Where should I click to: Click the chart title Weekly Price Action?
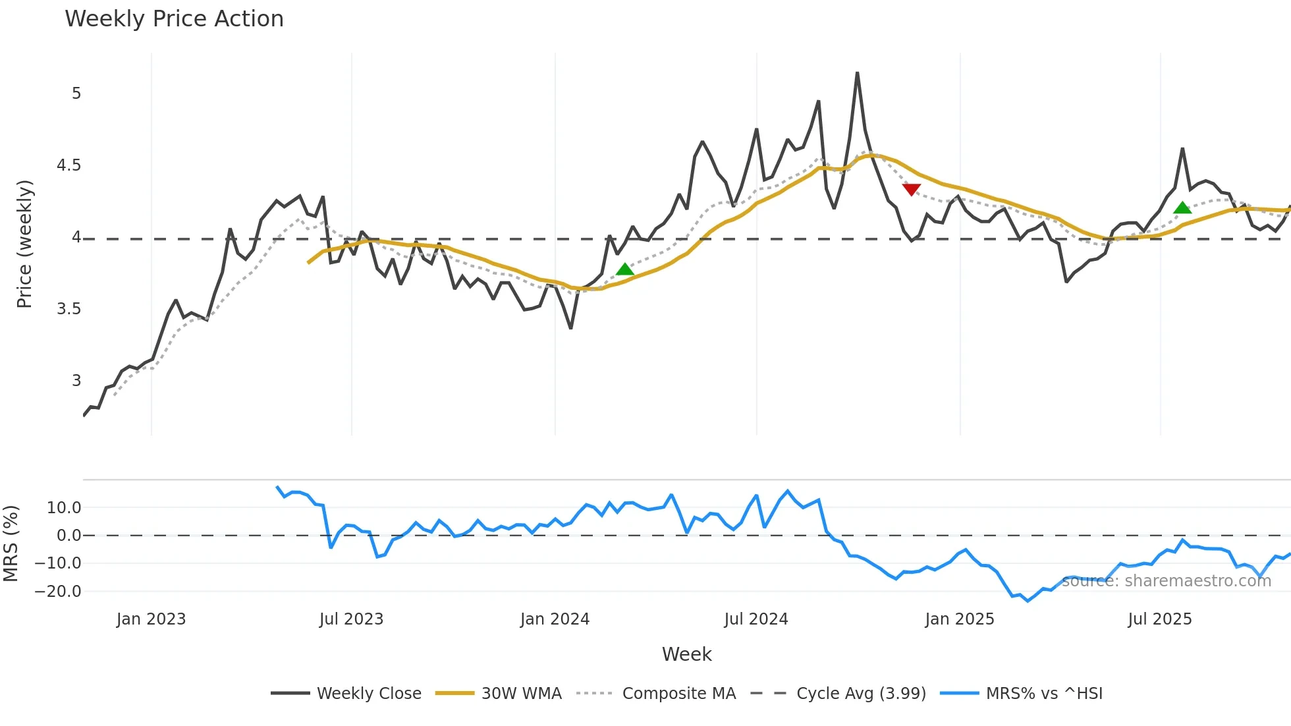(x=174, y=19)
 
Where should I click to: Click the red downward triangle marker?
(x=911, y=190)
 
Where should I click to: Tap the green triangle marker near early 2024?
(x=624, y=269)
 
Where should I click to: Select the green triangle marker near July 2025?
(x=1182, y=208)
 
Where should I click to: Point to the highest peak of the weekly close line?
(x=857, y=73)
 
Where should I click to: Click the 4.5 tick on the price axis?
(x=69, y=165)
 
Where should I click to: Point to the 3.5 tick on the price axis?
(x=69, y=309)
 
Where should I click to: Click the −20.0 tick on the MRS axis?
(x=58, y=591)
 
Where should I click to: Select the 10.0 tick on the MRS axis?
(x=64, y=508)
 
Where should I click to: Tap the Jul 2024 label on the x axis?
(x=755, y=619)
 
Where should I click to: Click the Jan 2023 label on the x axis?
(x=151, y=619)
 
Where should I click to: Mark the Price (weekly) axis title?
(x=24, y=244)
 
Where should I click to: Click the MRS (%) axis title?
(x=11, y=544)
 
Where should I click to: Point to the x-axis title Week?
(x=686, y=654)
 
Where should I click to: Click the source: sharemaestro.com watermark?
(x=1166, y=581)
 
